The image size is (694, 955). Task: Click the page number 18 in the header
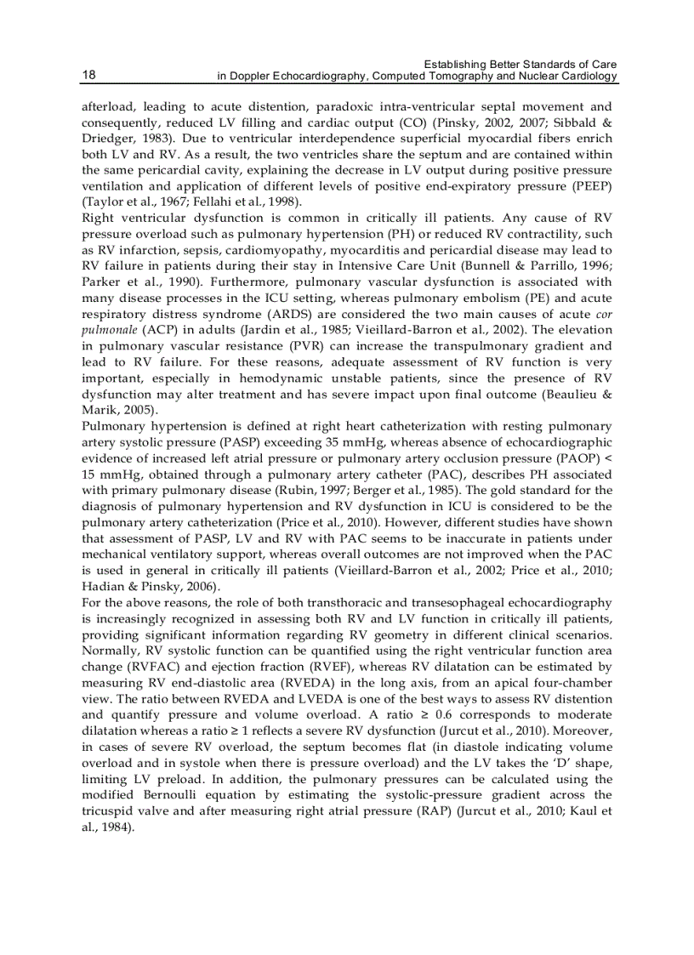tap(88, 75)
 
